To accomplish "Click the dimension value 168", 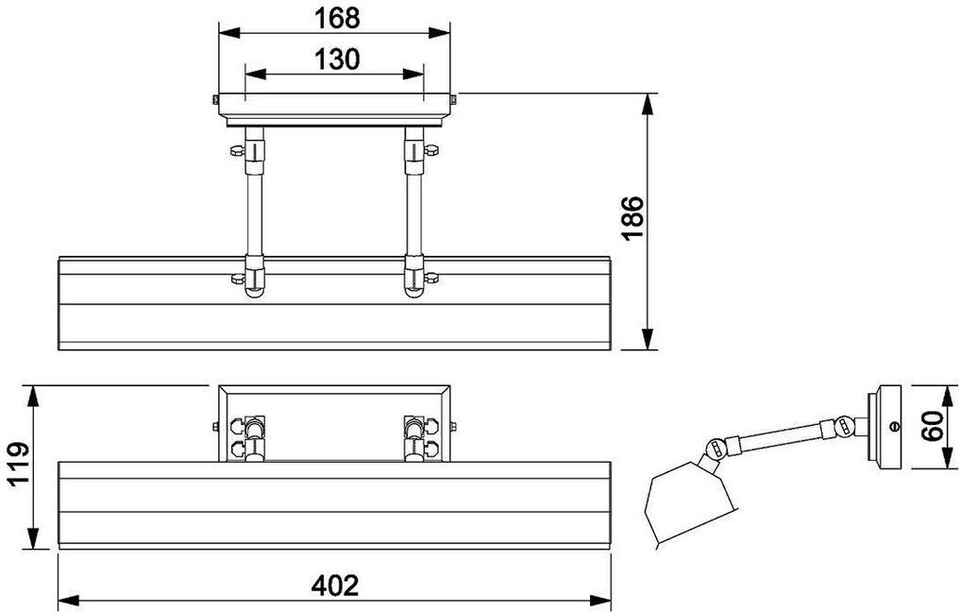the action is (337, 18).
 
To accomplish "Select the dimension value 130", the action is (337, 59).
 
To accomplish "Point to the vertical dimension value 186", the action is (632, 218).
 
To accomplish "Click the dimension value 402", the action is (334, 586).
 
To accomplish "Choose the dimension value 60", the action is (932, 426).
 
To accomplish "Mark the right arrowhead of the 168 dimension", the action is (439, 32).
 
